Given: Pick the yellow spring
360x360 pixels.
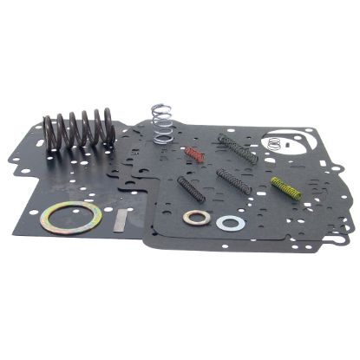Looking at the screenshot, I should (285, 187).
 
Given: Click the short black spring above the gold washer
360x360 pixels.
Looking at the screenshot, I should (191, 189).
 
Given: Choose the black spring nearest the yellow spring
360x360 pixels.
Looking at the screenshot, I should (233, 181).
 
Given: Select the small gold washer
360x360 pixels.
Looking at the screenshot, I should (197, 217).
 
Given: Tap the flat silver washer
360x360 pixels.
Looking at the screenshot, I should (230, 223).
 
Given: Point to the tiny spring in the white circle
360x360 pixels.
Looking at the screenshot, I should (277, 141).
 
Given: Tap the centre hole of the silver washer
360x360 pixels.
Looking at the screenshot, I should (230, 223).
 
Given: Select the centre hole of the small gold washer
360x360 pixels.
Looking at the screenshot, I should (197, 217).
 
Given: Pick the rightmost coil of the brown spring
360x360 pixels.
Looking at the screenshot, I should (109, 127).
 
